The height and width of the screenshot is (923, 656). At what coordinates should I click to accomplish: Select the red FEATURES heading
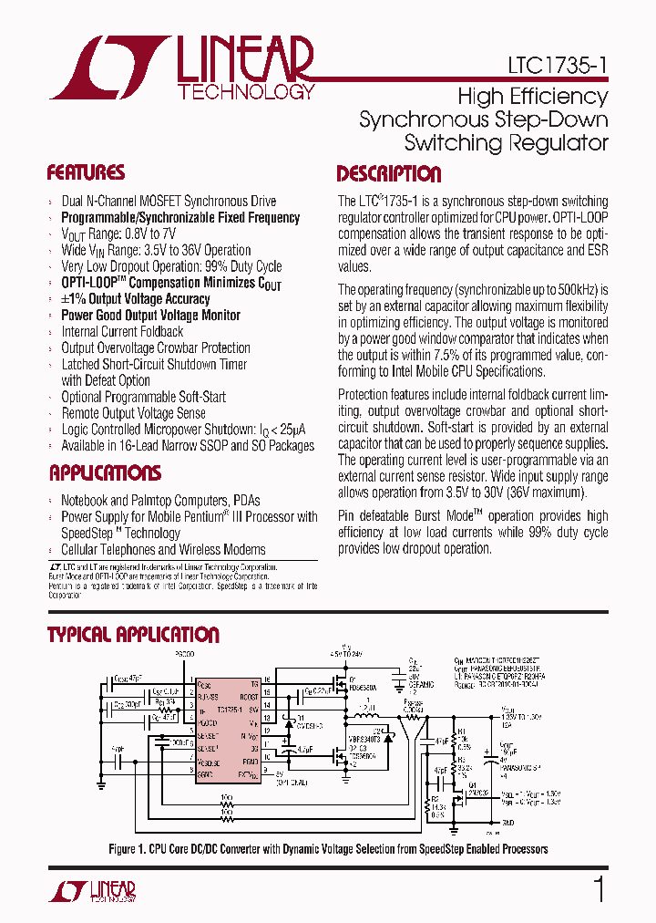pos(86,173)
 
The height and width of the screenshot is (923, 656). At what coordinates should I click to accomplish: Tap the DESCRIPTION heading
pos(388,175)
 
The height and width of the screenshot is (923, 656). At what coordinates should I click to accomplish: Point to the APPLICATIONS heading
pos(105,473)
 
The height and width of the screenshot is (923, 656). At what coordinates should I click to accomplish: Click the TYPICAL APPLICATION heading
pos(133,636)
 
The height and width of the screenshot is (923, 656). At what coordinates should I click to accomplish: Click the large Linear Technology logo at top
pos(182,67)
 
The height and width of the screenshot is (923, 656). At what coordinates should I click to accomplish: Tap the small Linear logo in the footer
pos(92,890)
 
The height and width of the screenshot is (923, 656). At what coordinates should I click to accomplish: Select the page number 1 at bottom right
pos(599,889)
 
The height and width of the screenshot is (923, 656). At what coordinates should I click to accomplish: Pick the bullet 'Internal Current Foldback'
pos(122,332)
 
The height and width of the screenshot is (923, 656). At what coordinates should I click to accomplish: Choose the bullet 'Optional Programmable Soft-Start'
pos(143,397)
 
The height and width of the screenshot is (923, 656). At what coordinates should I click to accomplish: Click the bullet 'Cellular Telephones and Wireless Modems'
pos(163,549)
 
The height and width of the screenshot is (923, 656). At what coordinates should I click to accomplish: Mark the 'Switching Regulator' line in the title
pos(506,143)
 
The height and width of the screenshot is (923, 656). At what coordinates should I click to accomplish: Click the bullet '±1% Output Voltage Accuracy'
pos(135,299)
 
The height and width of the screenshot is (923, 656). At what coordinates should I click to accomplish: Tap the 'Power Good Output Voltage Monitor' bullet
pos(150,316)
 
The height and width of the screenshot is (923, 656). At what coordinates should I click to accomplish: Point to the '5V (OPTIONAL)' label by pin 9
pos(285,778)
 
